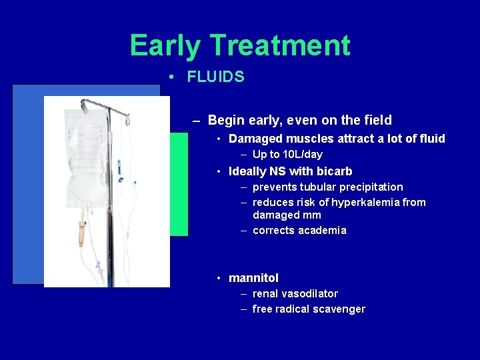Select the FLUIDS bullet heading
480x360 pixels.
coord(215,77)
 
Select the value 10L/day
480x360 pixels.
coord(299,154)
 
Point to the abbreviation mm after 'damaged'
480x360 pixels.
coord(312,215)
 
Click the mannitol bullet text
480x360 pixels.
coord(253,278)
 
